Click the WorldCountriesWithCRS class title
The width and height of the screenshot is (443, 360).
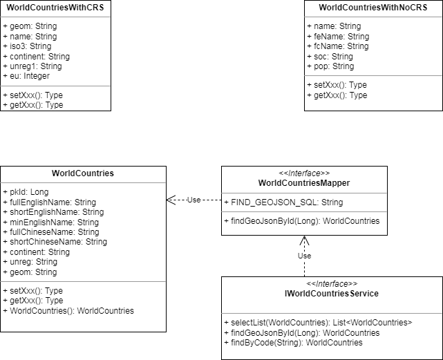tap(55, 8)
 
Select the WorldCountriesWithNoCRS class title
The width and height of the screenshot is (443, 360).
tap(373, 8)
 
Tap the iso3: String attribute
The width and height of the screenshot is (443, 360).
tap(27, 46)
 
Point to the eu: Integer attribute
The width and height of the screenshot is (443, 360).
tap(26, 76)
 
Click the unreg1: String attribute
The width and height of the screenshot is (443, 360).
tap(32, 66)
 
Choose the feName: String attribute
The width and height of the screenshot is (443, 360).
tap(338, 37)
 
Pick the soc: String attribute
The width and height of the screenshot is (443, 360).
tap(330, 57)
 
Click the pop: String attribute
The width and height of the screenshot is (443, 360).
tap(330, 66)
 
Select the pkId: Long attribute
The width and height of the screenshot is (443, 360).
tap(26, 192)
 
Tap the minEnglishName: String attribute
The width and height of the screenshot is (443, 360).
tap(51, 222)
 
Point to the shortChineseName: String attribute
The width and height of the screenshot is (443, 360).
tap(55, 242)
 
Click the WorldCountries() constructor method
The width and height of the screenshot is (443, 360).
tap(68, 311)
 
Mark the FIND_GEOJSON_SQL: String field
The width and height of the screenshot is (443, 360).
tap(283, 202)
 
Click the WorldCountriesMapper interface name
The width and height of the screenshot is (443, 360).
tap(304, 183)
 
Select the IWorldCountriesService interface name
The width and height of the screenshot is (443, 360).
tap(332, 294)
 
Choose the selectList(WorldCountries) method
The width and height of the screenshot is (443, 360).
tap(318, 323)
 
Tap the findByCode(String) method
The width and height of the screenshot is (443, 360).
tap(293, 343)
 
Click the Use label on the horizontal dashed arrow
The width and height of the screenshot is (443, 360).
tap(194, 200)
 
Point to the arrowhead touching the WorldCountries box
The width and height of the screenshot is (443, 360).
tap(171, 200)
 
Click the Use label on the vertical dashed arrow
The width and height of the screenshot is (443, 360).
tap(304, 256)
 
